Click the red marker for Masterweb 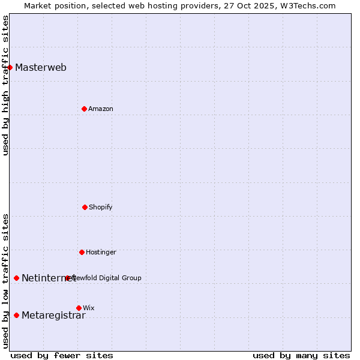point(10,67)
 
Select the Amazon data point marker point(84,109)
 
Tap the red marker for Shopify point(85,207)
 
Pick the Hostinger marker point(82,252)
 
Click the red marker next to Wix point(79,308)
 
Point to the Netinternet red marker point(16,278)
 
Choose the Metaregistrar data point point(16,315)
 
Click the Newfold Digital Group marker point(67,278)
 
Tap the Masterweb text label point(41,67)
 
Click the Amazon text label point(101,109)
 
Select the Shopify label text point(101,207)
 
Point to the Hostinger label point(101,252)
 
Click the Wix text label point(89,308)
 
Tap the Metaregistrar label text point(53,316)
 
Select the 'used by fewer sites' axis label point(62,355)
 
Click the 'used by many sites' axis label point(301,355)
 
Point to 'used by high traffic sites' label point(5,85)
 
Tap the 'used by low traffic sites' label point(5,280)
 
